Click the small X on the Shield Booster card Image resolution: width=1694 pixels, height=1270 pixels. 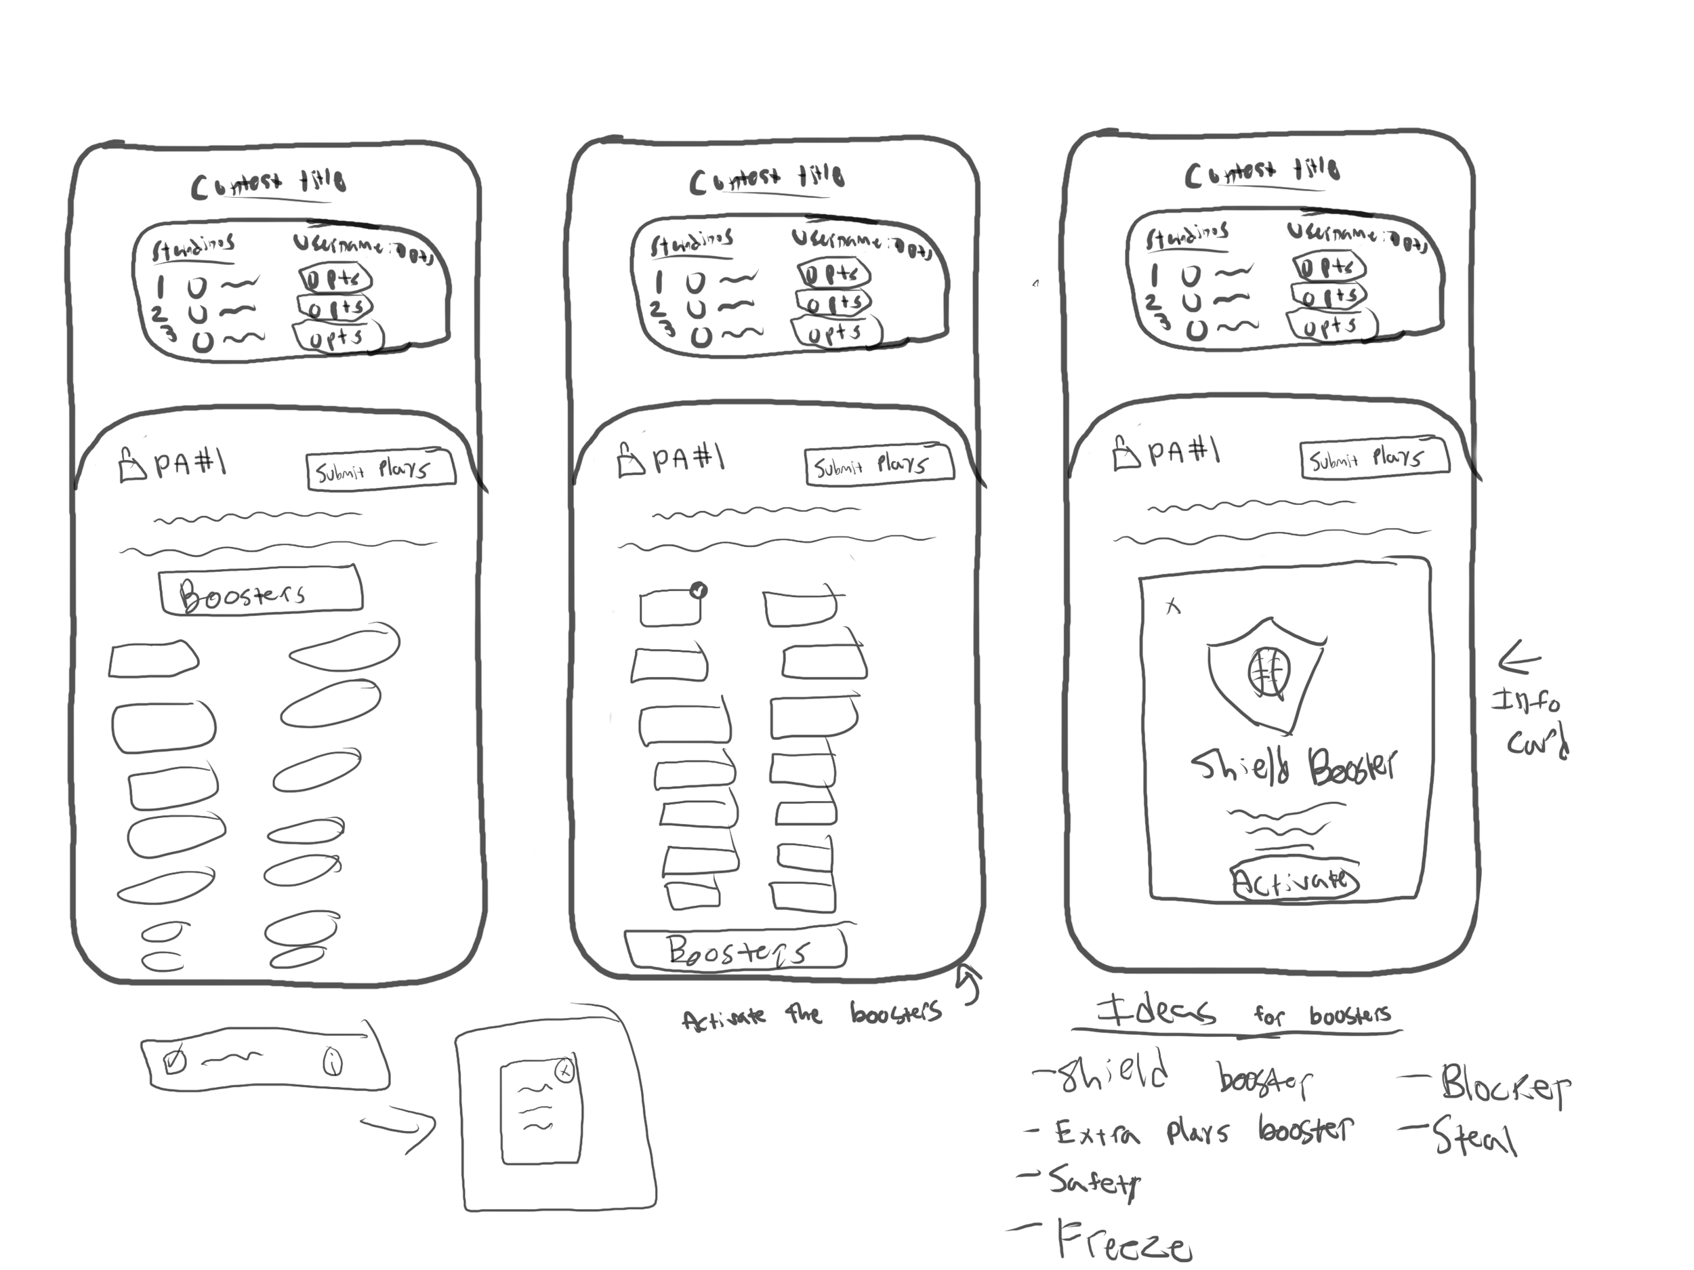point(1172,607)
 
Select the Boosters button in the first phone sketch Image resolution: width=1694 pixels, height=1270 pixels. point(260,592)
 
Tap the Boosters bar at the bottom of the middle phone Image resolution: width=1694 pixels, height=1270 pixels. point(736,950)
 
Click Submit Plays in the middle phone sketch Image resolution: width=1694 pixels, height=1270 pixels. point(878,464)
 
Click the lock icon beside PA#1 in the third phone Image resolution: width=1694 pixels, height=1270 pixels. point(1125,453)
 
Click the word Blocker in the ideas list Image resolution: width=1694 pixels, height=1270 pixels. point(1504,1084)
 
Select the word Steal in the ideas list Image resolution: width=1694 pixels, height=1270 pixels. point(1474,1137)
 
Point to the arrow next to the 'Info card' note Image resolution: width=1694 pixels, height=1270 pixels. point(1519,659)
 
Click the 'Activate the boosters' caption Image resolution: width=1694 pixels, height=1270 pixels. point(812,1015)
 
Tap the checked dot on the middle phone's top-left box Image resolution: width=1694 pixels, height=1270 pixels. point(699,590)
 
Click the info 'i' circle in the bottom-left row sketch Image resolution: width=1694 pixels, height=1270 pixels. point(333,1062)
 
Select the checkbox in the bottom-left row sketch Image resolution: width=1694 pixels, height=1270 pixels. point(175,1061)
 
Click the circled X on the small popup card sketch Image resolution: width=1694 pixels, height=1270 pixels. point(564,1071)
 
